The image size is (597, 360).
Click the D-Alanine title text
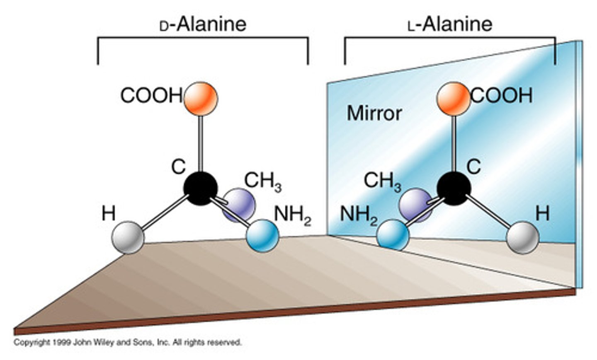203,24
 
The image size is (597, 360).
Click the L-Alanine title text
450,24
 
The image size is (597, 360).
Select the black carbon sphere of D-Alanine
201,188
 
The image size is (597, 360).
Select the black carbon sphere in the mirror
454,188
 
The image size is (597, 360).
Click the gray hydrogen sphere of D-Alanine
128,237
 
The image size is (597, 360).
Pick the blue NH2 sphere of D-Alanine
262,235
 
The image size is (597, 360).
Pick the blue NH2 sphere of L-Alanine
393,235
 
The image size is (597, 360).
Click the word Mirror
374,113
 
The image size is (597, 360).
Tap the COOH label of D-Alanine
151,96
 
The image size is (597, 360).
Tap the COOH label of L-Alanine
502,96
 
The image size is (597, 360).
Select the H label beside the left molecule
109,214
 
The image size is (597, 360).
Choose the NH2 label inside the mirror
358,215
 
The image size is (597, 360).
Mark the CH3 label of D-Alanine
263,182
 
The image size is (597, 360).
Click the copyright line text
128,343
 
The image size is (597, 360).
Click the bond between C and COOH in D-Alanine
201,143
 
